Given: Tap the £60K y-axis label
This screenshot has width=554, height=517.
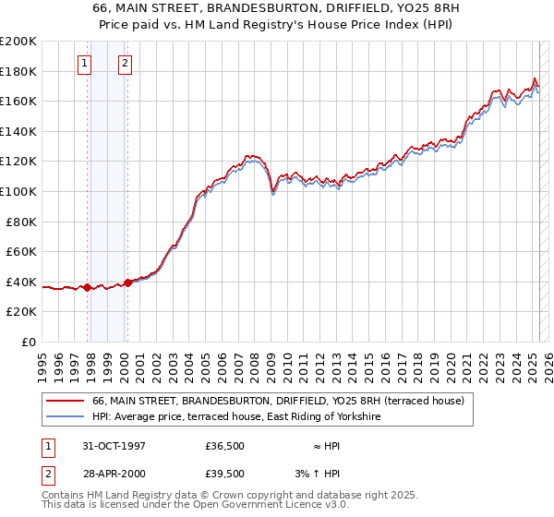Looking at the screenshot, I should click(20, 251).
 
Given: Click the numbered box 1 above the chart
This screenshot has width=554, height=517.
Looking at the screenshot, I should click(84, 64).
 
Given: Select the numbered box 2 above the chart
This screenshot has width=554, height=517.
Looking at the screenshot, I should click(125, 64).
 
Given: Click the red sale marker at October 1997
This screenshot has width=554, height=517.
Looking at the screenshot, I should click(88, 287).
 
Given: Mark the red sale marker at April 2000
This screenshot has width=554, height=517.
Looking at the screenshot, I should click(128, 283).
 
